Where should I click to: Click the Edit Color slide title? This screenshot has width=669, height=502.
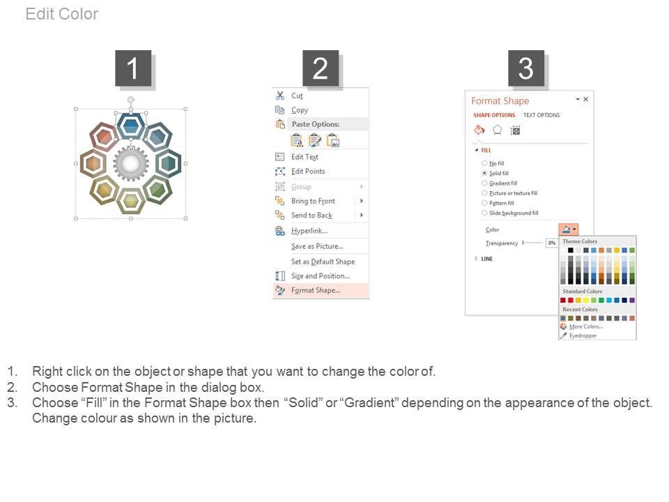62,14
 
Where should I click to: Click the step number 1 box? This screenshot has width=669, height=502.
133,68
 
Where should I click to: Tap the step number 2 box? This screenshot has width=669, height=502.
321,68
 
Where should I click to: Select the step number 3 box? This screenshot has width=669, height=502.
525,68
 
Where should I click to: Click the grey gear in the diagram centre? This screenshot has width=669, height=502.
131,163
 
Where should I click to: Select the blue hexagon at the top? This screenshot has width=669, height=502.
131,126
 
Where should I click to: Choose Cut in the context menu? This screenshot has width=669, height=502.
298,96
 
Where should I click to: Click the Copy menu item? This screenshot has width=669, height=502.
300,110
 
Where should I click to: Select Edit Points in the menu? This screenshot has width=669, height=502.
308,172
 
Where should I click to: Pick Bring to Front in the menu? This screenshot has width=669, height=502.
313,201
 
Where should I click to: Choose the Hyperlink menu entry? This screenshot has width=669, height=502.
309,231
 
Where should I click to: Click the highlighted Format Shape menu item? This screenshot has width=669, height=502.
316,290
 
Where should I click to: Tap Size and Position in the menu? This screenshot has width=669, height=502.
321,276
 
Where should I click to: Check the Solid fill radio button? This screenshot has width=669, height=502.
484,173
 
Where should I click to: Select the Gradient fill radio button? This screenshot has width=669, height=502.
484,183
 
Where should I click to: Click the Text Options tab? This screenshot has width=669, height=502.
541,115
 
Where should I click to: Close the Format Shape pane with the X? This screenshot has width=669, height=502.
586,99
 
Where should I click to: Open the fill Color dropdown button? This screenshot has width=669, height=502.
569,229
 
